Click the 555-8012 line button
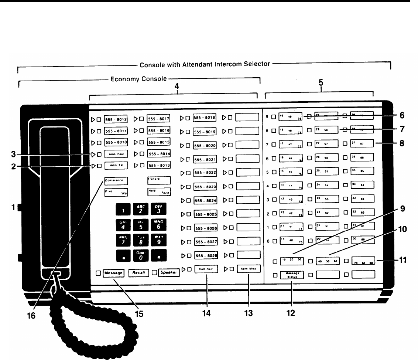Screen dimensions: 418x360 point(116,119)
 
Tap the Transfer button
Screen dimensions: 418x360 point(159,180)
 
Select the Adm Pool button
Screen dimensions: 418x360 point(116,154)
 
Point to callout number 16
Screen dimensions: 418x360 point(32,317)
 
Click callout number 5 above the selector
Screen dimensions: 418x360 point(321,84)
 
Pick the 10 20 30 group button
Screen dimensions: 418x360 point(291,261)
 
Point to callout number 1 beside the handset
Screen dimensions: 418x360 point(13,208)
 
